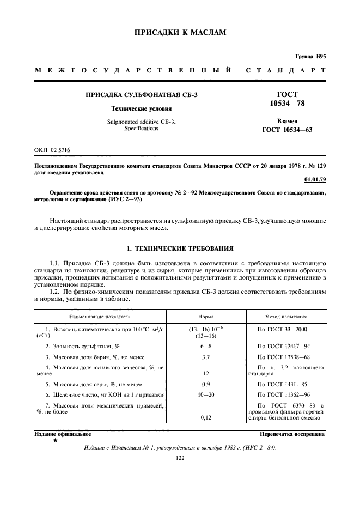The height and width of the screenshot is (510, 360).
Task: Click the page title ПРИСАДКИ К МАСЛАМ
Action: point(180,33)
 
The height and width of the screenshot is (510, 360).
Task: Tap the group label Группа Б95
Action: point(310,57)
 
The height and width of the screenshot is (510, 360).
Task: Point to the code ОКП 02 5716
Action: point(52,149)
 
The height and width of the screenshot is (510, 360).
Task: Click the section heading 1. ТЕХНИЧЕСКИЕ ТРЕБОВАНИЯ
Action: point(180,248)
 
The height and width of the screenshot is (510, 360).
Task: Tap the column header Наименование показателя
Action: point(100,315)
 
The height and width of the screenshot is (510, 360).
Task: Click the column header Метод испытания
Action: point(285,315)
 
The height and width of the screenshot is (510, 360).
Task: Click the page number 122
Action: point(180,458)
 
